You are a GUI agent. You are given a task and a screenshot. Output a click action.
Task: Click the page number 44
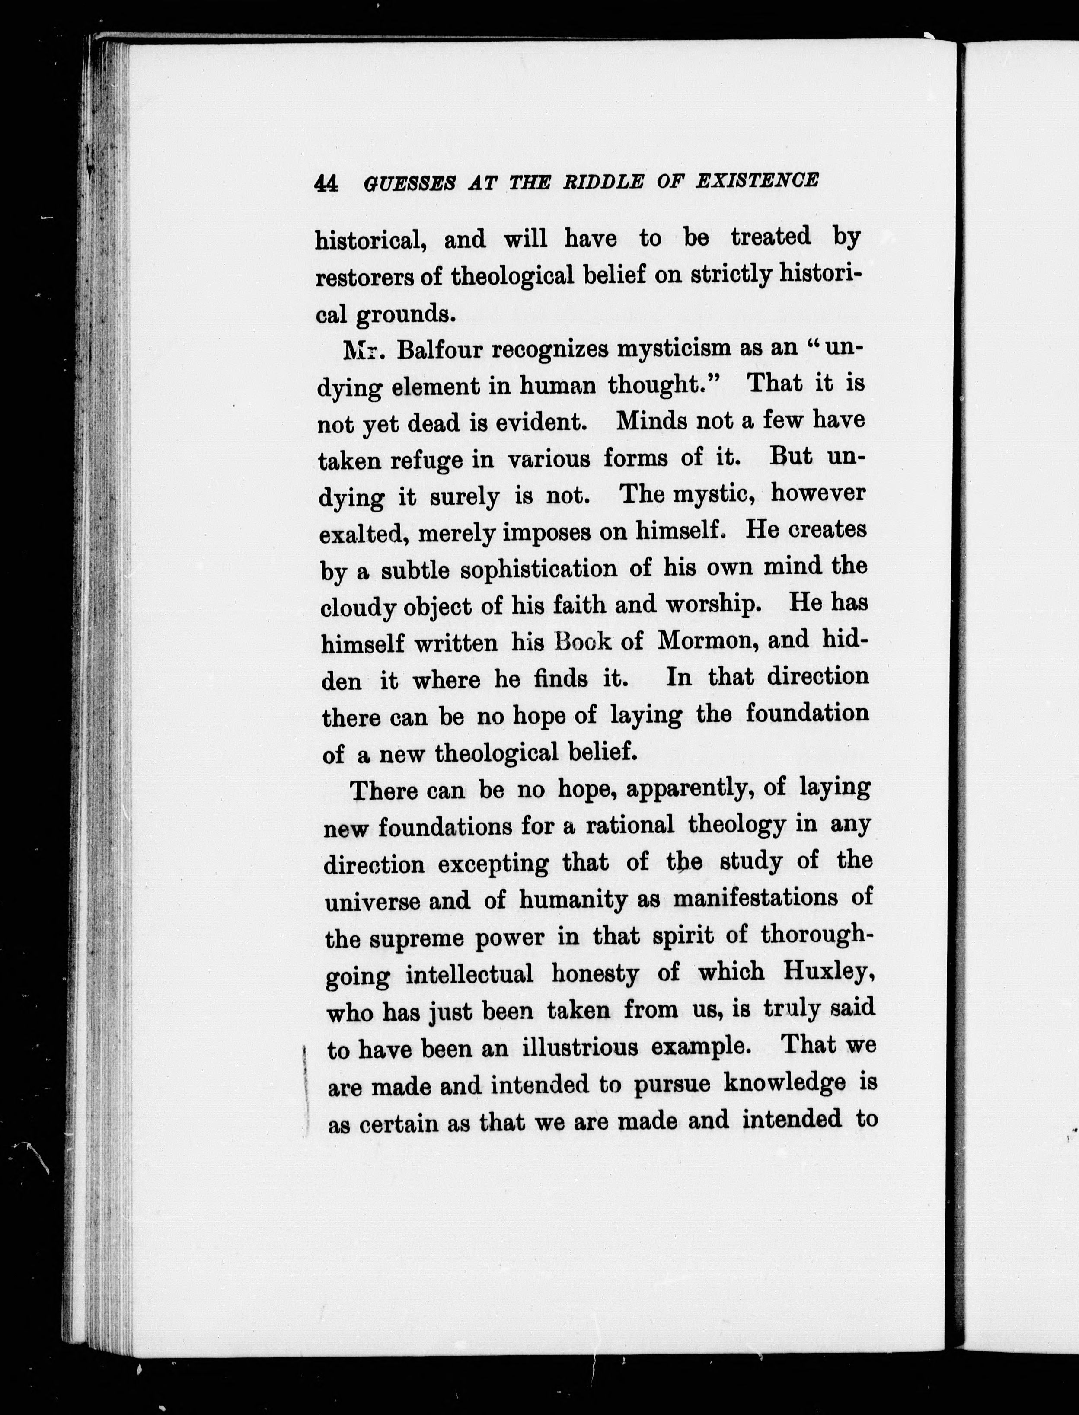(326, 184)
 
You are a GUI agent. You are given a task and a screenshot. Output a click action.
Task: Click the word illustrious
(580, 1047)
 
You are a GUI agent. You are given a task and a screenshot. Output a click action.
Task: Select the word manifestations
(755, 898)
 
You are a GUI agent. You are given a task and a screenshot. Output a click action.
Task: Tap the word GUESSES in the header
(409, 184)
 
